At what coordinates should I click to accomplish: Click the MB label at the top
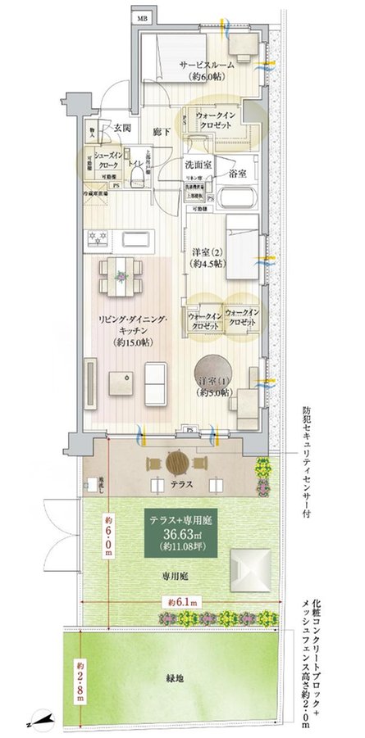pyautogui.click(x=142, y=17)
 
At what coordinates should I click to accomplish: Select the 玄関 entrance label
pyautogui.click(x=122, y=128)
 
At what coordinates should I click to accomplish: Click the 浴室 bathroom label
pyautogui.click(x=238, y=174)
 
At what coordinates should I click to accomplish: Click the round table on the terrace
pyautogui.click(x=177, y=464)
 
